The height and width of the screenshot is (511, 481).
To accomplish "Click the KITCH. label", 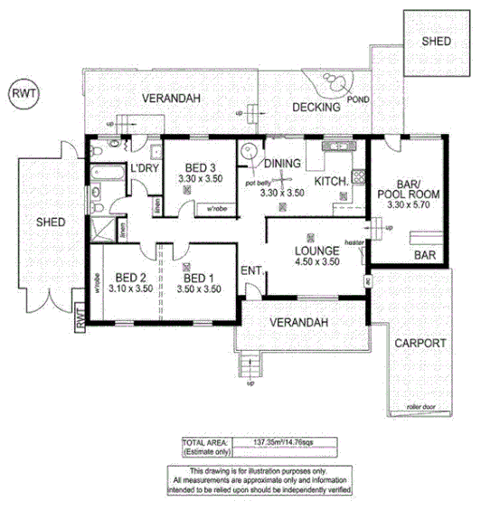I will coord(331,183).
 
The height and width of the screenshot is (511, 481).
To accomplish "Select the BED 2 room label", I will coord(131,278).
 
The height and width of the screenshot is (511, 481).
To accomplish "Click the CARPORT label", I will coord(420,343).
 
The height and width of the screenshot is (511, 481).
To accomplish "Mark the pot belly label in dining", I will coord(258,184).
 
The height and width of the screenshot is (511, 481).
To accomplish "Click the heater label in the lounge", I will coord(353,242).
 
